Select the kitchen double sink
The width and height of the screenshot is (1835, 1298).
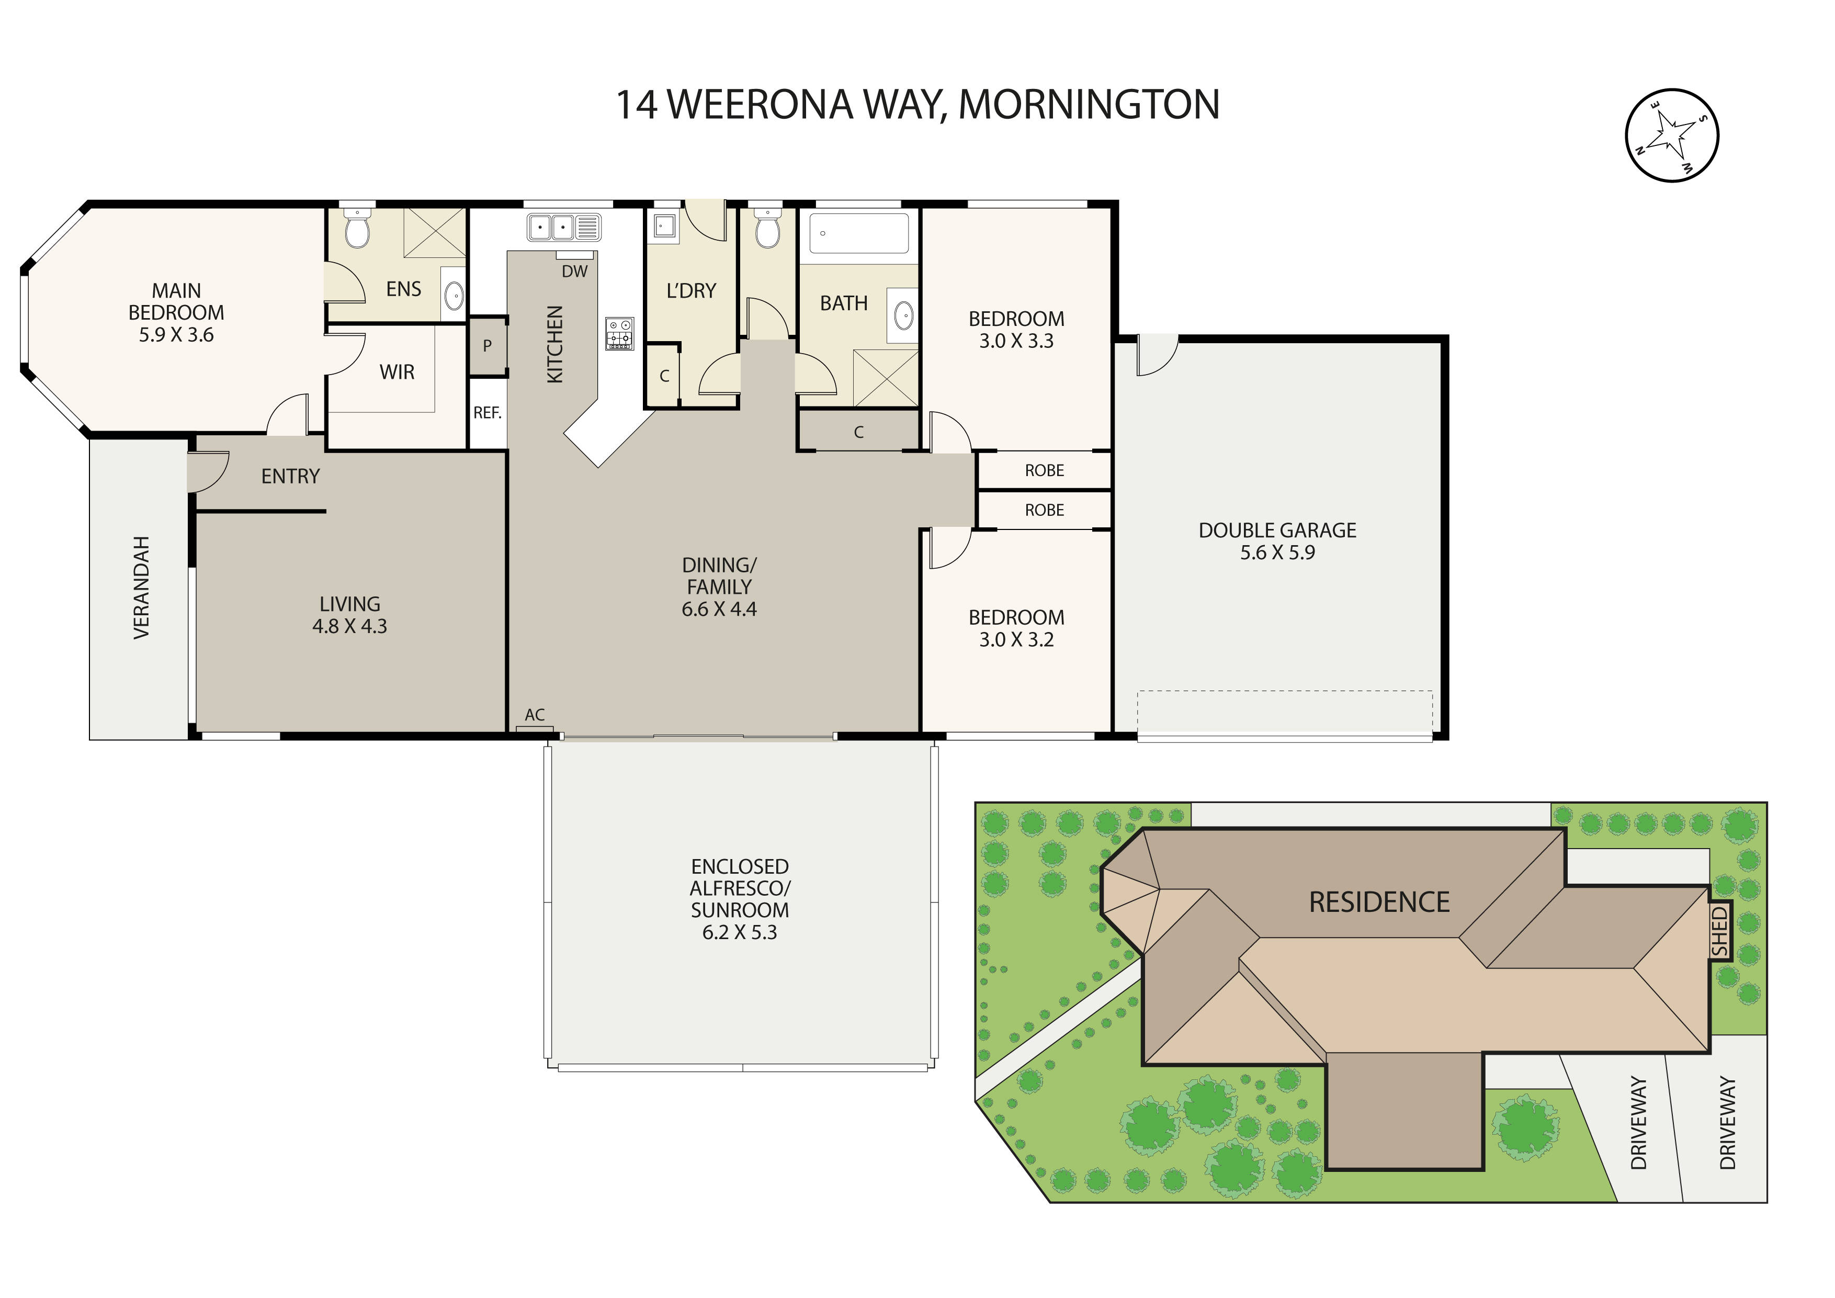point(551,227)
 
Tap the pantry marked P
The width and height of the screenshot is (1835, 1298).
point(486,346)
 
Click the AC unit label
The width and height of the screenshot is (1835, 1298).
point(535,715)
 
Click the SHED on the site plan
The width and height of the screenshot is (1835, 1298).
point(1719,931)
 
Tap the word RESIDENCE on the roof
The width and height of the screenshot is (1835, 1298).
point(1379,902)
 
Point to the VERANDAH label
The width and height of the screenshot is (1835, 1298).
point(141,588)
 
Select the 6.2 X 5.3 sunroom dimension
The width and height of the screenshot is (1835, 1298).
point(739,932)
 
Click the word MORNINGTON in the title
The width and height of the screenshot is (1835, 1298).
point(1089,105)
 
